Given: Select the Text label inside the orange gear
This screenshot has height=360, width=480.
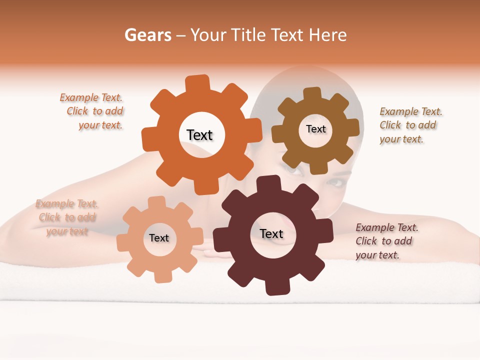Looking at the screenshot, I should click(x=199, y=135).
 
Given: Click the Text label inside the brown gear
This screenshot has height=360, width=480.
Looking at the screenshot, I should click(x=315, y=129).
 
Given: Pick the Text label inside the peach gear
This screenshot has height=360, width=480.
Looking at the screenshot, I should click(x=159, y=238).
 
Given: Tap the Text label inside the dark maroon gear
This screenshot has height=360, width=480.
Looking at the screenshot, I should click(x=271, y=233).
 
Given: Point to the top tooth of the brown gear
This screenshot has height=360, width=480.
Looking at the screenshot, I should click(x=312, y=93).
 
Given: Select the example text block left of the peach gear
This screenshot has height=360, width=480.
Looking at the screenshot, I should click(x=67, y=217).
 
